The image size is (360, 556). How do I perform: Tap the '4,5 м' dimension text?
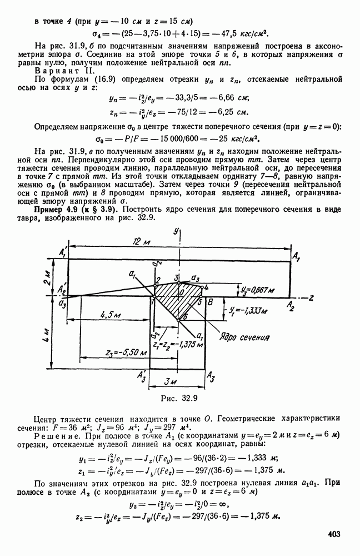click(x=112, y=314)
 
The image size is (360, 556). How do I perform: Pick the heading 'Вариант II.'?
click(x=54, y=70)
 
